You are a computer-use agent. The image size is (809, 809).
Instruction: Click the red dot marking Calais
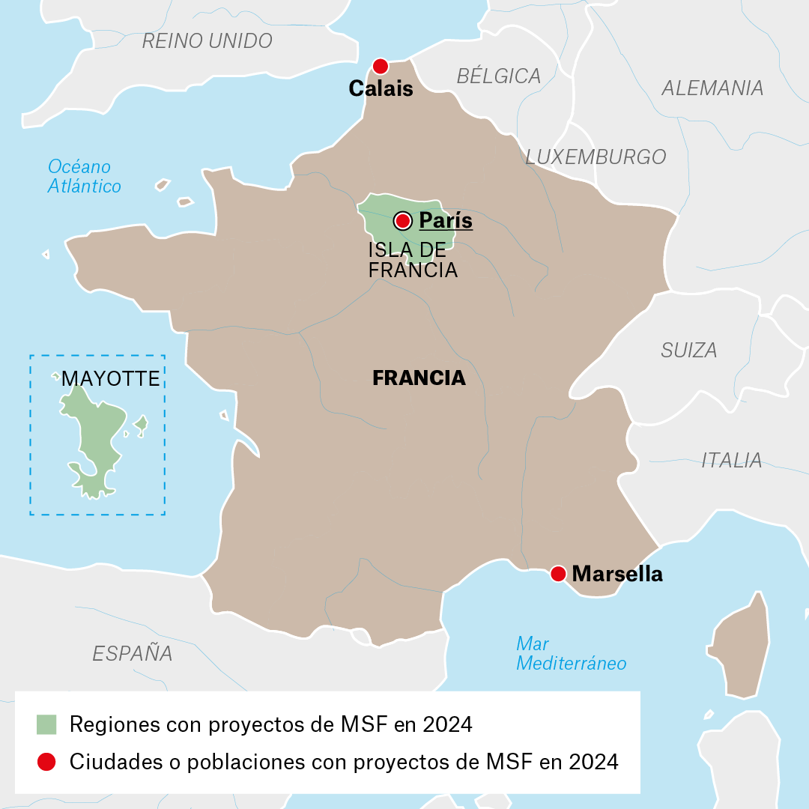click(381, 66)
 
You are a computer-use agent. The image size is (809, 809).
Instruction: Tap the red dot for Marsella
click(557, 574)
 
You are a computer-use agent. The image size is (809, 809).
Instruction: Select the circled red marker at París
click(403, 221)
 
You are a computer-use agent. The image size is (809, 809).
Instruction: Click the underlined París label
click(446, 220)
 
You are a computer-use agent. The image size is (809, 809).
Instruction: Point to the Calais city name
click(381, 89)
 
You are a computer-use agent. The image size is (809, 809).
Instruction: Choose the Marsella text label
click(617, 575)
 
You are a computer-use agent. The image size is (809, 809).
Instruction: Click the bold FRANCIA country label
click(419, 378)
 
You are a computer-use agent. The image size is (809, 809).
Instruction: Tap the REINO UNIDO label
click(207, 41)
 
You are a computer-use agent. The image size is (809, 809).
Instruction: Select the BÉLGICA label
click(498, 76)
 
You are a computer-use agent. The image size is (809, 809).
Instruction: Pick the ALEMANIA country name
click(712, 88)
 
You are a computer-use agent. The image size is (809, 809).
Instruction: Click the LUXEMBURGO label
click(596, 157)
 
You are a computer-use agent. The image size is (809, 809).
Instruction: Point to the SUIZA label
click(688, 350)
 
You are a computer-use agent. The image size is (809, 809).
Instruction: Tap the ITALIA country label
click(731, 460)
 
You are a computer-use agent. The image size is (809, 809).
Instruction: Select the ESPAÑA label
click(133, 653)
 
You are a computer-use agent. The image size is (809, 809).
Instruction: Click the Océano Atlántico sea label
click(84, 176)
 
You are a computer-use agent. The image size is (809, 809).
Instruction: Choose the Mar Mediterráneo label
click(571, 653)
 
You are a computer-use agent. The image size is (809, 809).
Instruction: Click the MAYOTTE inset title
click(111, 379)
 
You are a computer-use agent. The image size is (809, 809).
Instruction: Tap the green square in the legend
click(46, 724)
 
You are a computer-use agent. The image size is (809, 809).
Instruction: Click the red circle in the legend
click(46, 762)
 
